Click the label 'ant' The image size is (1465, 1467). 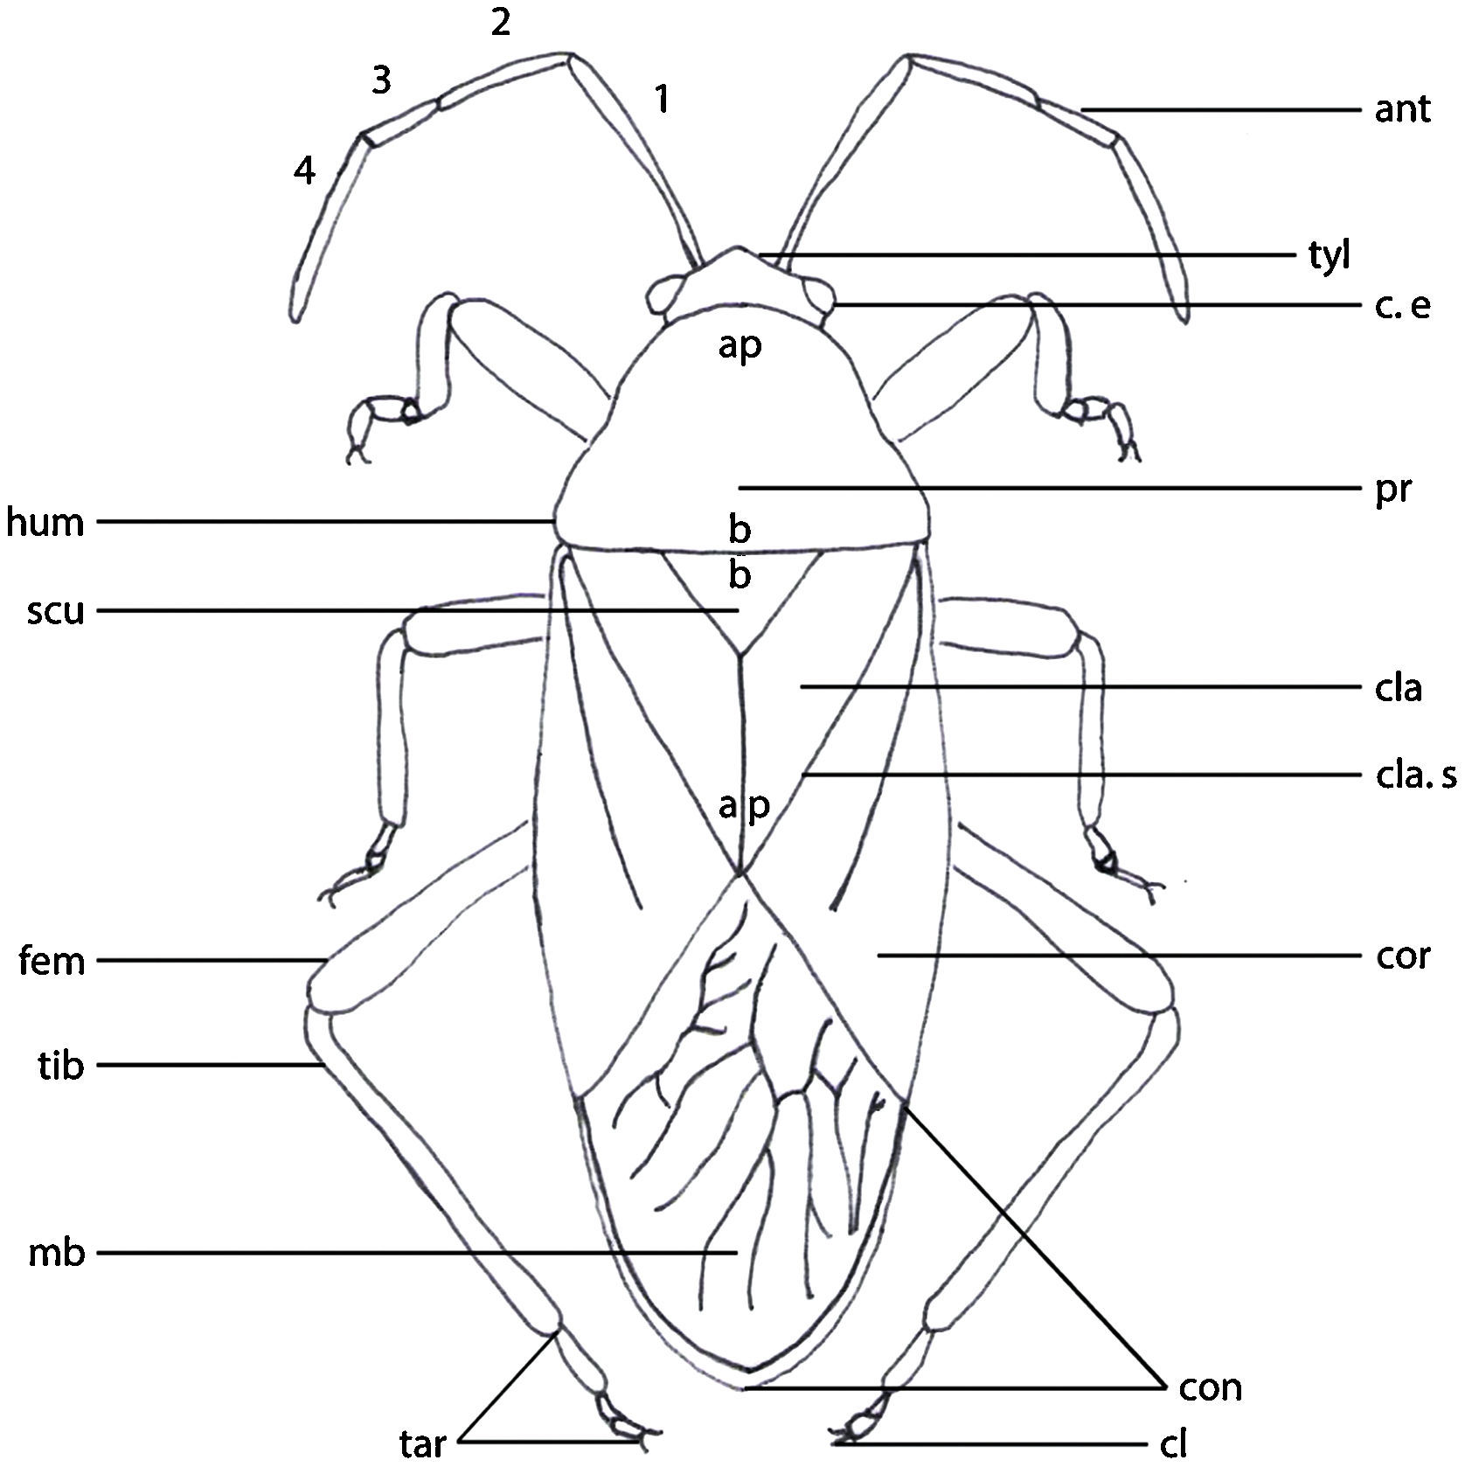click(1401, 110)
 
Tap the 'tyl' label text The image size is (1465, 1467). click(1329, 256)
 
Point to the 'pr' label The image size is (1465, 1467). click(1392, 490)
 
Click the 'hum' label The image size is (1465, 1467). click(45, 523)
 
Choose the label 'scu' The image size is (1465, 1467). click(55, 611)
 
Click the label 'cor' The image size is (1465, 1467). click(1402, 956)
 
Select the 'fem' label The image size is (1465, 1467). click(52, 961)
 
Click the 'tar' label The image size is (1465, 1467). click(423, 1443)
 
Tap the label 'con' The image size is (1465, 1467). click(1210, 1387)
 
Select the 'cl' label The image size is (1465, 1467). click(1173, 1444)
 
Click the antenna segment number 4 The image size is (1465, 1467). click(303, 171)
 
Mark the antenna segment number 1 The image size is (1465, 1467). click(663, 99)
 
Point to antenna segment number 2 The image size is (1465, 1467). click(500, 24)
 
